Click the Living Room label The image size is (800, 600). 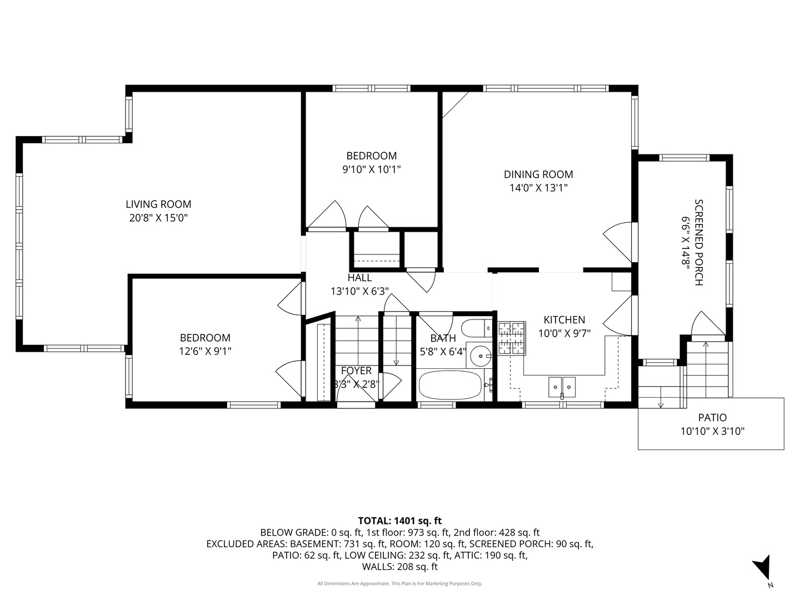click(x=158, y=204)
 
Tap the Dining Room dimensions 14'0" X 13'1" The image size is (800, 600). click(x=538, y=188)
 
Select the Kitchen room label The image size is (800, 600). click(x=564, y=320)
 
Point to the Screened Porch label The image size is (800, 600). click(x=698, y=242)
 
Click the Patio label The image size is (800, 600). click(x=712, y=417)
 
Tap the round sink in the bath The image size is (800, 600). click(x=481, y=356)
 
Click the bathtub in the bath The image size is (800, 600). click(x=450, y=385)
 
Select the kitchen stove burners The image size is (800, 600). click(x=512, y=338)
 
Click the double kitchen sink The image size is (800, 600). click(x=562, y=387)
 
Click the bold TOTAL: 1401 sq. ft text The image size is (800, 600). click(x=400, y=521)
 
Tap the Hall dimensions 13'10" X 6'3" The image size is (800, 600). click(x=360, y=292)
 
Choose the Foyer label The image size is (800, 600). click(x=356, y=371)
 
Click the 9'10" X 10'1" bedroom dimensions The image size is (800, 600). click(x=372, y=169)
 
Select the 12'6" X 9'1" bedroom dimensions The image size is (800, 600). click(x=205, y=351)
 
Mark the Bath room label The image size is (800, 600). click(x=443, y=338)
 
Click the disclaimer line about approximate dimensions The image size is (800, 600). click(x=400, y=583)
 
